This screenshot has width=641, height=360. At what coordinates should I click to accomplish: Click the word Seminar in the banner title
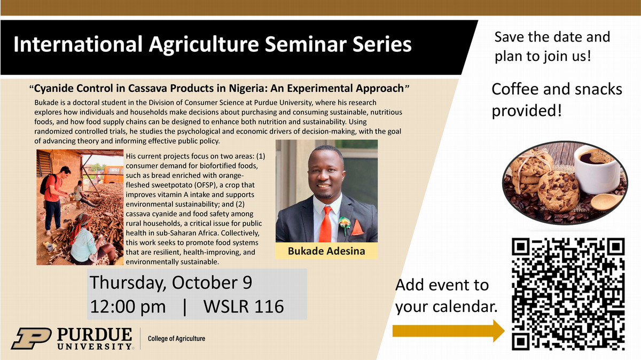(x=303, y=44)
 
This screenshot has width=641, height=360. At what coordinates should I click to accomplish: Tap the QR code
(x=568, y=294)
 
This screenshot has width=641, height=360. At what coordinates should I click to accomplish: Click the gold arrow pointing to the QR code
(x=448, y=331)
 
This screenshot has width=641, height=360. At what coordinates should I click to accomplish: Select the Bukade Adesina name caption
(x=326, y=251)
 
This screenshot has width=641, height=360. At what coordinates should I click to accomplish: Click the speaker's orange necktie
(x=326, y=224)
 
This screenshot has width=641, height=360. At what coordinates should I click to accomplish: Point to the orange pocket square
(x=357, y=228)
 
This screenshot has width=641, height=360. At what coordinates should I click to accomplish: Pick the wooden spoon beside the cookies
(x=606, y=202)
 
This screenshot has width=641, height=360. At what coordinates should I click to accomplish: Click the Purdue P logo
(x=32, y=339)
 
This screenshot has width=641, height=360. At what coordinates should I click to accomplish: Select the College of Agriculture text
(x=177, y=339)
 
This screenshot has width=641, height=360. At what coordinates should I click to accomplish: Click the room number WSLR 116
(x=244, y=307)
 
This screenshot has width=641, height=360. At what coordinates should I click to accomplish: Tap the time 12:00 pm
(x=128, y=307)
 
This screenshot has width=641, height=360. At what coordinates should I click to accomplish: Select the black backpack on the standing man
(x=45, y=183)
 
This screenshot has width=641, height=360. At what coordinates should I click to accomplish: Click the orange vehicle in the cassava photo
(x=113, y=174)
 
